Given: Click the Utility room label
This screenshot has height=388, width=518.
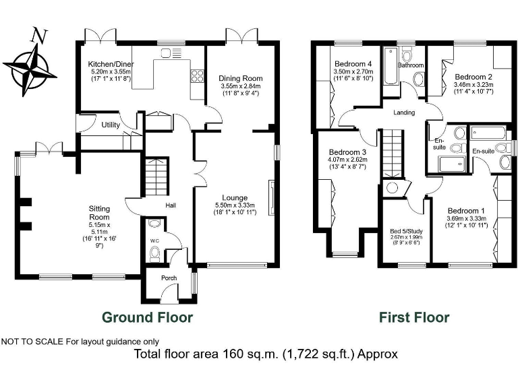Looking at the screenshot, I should pyautogui.click(x=111, y=125).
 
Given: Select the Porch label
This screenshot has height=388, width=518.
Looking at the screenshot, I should pyautogui.click(x=168, y=278).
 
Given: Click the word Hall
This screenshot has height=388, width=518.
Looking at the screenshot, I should pyautogui.click(x=171, y=206).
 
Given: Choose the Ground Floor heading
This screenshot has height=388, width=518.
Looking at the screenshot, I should pyautogui.click(x=147, y=317).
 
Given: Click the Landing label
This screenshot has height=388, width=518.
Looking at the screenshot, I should pyautogui.click(x=404, y=112).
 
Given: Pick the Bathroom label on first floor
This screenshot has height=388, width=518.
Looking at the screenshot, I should pyautogui.click(x=410, y=65).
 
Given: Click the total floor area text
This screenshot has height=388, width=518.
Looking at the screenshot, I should pyautogui.click(x=266, y=354).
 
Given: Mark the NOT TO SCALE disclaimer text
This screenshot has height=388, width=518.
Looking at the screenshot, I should pyautogui.click(x=81, y=341).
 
